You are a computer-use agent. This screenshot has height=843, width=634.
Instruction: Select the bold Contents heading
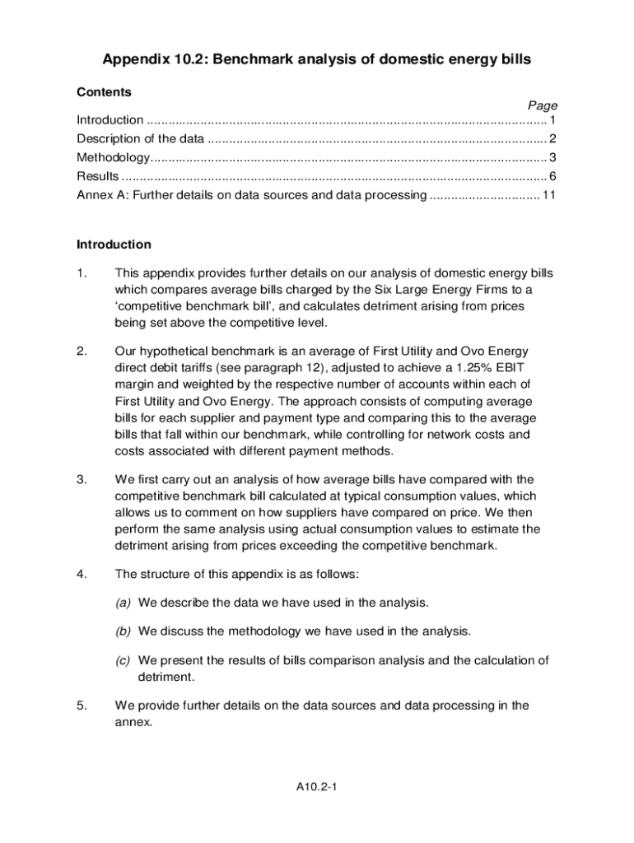coord(104,92)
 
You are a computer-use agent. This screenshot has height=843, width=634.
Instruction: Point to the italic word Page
coord(542,105)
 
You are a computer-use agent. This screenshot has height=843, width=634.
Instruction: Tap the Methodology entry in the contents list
coord(113,157)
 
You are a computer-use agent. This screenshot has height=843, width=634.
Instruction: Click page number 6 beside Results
coord(553,176)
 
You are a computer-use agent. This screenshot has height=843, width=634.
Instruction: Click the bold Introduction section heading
coord(114,245)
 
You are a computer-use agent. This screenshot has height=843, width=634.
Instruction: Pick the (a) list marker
coord(124,603)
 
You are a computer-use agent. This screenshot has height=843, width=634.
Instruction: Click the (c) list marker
coord(124,660)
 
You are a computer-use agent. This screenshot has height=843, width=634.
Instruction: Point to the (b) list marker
coord(124,631)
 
